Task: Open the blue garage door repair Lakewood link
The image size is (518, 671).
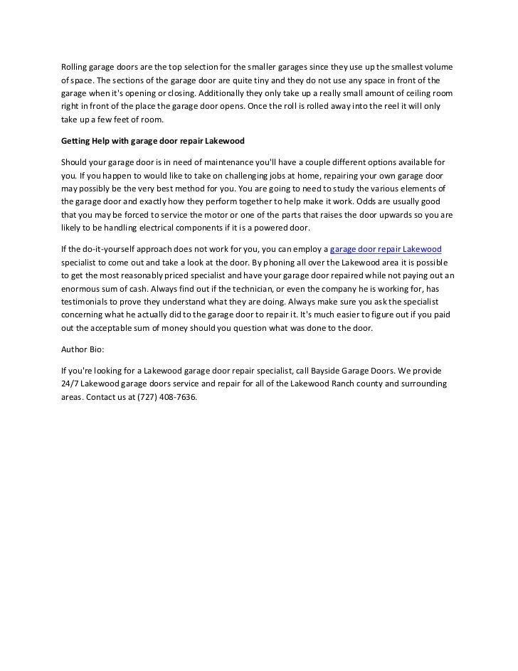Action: pos(386,250)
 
